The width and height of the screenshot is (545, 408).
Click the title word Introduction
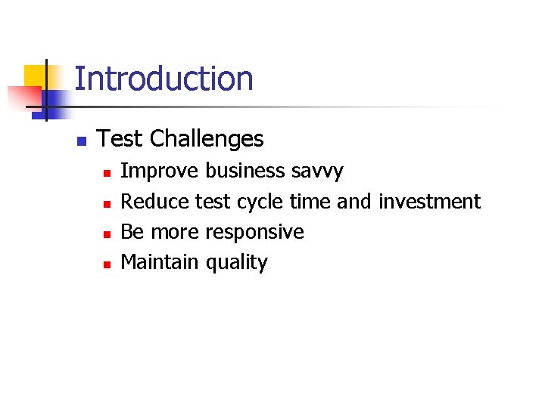163,79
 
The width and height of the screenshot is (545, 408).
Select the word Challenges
207,139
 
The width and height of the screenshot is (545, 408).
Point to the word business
245,172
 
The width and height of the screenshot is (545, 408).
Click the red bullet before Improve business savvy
107,173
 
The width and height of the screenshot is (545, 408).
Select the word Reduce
155,202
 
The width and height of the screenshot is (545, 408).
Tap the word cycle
260,202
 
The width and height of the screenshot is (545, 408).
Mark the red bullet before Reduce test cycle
107,203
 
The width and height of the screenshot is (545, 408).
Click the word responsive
255,233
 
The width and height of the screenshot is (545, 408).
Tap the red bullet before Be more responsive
107,233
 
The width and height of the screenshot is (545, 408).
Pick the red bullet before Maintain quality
107,264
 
